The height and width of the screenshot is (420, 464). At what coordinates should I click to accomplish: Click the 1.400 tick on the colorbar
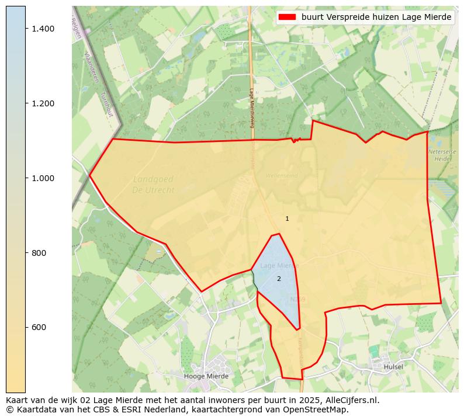pyautogui.click(x=42, y=29)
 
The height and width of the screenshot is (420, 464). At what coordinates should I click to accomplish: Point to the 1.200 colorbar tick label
pyautogui.click(x=42, y=103)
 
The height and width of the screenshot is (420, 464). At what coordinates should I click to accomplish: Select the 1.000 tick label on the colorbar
pyautogui.click(x=42, y=178)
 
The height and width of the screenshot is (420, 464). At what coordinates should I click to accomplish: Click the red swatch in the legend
pyautogui.click(x=288, y=18)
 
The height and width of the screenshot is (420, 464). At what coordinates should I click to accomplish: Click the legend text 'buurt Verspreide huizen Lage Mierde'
pyautogui.click(x=376, y=18)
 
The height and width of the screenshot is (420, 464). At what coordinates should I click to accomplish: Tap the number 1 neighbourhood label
pyautogui.click(x=287, y=219)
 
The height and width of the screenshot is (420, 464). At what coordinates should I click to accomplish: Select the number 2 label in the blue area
pyautogui.click(x=279, y=279)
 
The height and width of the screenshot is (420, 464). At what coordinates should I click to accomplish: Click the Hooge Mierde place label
pyautogui.click(x=206, y=376)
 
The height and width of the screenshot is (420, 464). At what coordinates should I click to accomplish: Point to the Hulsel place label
pyautogui.click(x=393, y=367)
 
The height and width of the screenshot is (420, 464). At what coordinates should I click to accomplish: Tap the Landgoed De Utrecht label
pyautogui.click(x=153, y=185)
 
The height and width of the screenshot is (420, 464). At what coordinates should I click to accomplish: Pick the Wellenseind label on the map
pyautogui.click(x=282, y=175)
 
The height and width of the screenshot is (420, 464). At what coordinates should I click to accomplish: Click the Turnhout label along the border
pyautogui.click(x=106, y=105)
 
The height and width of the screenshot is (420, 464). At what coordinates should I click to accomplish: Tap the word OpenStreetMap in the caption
pyautogui.click(x=319, y=409)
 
